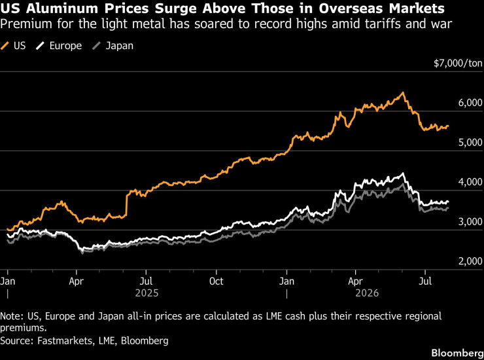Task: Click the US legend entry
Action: click(13, 46)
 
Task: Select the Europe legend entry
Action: click(59, 46)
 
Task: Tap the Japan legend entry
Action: click(113, 46)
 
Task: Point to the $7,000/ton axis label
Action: click(458, 63)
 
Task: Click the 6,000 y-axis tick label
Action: click(470, 103)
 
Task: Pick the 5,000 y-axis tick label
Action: click(470, 143)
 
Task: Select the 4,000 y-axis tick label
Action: click(470, 182)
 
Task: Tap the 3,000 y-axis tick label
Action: click(470, 221)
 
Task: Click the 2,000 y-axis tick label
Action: click(470, 261)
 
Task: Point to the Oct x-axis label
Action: click(216, 281)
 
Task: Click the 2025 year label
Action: click(147, 293)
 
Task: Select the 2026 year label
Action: click(367, 293)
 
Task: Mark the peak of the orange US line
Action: click(402, 92)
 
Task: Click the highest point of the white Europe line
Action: click(402, 173)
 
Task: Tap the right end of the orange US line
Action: click(448, 126)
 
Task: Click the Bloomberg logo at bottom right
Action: click(457, 353)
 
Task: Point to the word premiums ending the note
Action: click(24, 327)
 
